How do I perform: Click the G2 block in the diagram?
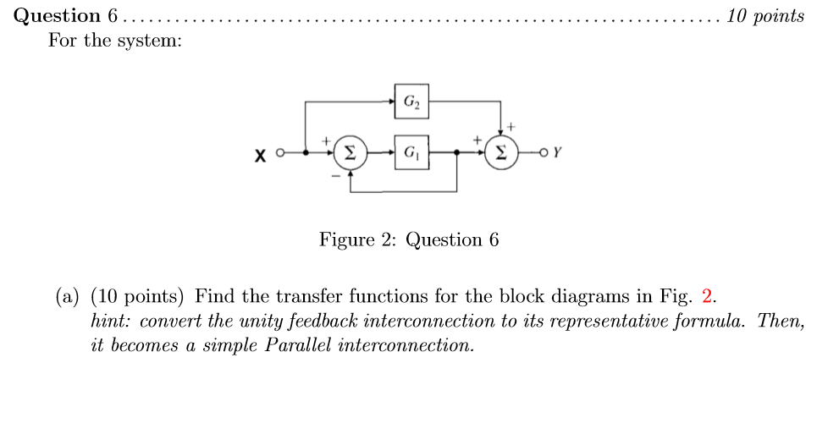(x=411, y=101)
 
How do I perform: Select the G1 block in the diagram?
(x=411, y=153)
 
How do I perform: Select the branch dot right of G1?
(x=457, y=153)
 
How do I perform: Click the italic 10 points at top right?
(x=765, y=16)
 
